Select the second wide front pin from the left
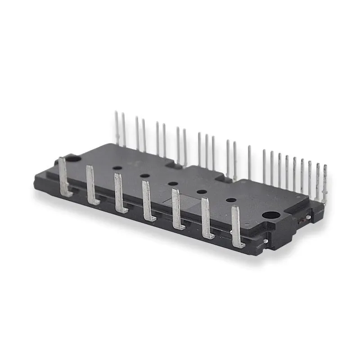click(91, 185)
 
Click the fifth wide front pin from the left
click(177, 209)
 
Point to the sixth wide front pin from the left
click(207, 219)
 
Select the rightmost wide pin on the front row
click(237, 227)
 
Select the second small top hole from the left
click(144, 175)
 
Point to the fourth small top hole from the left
click(202, 192)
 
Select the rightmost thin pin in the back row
click(325, 183)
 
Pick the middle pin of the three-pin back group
click(207, 151)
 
